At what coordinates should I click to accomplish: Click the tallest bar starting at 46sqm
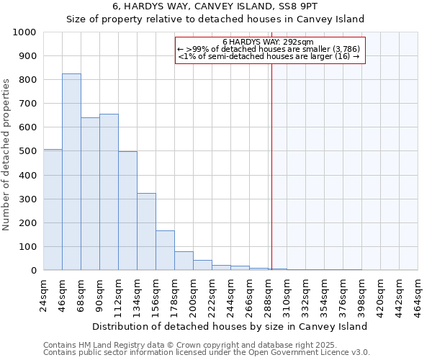[x=71, y=172]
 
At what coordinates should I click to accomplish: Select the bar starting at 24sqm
[x=53, y=210]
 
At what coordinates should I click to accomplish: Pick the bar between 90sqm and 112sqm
[x=109, y=192]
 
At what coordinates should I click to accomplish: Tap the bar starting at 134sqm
[x=146, y=232]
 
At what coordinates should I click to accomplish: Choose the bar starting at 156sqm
[x=165, y=251]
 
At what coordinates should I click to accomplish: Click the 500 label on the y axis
[x=27, y=151]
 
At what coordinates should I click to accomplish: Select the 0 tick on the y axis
[x=33, y=271]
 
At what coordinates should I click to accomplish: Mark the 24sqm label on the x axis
[x=44, y=294]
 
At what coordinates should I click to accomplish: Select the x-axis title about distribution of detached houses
[x=230, y=326]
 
